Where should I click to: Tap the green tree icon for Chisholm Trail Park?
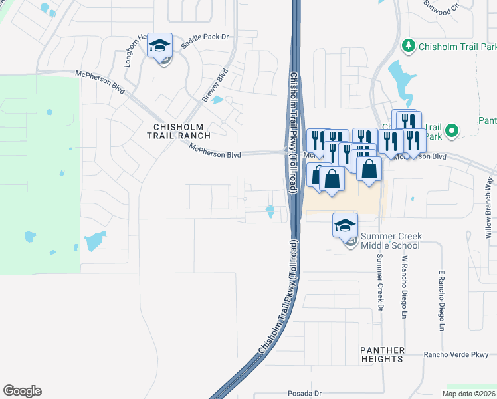(x=409, y=46)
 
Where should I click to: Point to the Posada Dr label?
(x=304, y=394)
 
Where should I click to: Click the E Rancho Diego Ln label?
(x=441, y=301)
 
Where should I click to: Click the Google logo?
(x=22, y=391)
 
